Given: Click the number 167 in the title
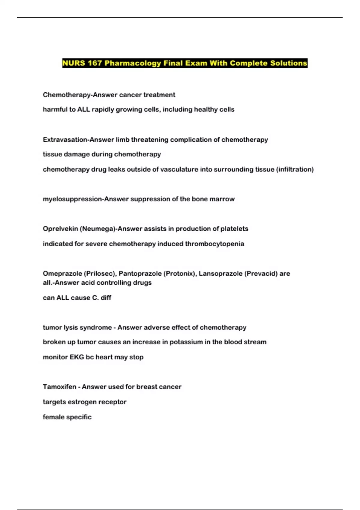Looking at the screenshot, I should (95, 63).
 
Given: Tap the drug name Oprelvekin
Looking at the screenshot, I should (60, 229).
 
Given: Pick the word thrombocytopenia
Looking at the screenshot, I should (214, 244).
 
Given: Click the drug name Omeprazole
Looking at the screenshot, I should (62, 274).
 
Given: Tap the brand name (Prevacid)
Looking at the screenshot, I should (261, 274).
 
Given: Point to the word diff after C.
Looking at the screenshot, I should (106, 298).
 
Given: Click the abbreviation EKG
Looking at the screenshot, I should (77, 357).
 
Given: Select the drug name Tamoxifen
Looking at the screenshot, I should (59, 387).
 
